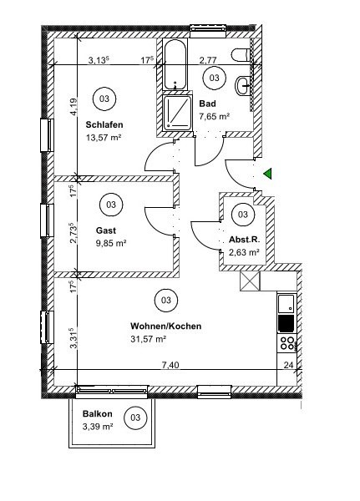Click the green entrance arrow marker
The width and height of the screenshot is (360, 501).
[268, 174]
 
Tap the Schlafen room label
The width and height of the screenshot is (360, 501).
[104, 124]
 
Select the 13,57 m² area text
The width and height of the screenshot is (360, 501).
[104, 138]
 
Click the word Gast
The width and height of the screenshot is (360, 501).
[106, 230]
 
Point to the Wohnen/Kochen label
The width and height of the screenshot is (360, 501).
[166, 326]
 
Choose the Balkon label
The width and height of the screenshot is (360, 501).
[98, 414]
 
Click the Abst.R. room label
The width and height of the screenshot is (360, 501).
[245, 240]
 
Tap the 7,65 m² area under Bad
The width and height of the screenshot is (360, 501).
[215, 116]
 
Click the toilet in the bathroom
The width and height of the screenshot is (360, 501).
[241, 55]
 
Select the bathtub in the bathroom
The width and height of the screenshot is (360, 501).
[175, 64]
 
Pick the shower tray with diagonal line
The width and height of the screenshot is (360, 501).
[177, 113]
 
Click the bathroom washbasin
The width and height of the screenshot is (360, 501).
[243, 86]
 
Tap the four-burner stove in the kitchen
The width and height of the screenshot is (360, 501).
[286, 343]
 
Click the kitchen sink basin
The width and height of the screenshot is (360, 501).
[286, 304]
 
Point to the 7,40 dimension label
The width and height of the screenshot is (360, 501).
[170, 365]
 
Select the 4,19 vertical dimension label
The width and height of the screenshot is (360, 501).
[74, 107]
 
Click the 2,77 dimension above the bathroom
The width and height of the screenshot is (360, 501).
[208, 60]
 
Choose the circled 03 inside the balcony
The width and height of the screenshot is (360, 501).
[135, 417]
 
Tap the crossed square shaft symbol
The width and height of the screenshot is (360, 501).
[250, 281]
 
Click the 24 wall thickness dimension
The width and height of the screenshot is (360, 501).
[288, 365]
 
